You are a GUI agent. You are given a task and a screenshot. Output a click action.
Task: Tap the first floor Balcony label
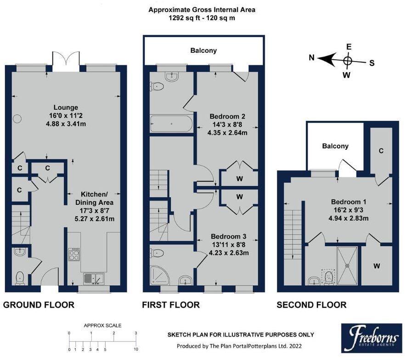(203, 51)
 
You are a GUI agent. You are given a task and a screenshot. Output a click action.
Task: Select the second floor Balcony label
(335, 146)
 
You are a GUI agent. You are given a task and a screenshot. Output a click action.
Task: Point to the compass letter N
(311, 58)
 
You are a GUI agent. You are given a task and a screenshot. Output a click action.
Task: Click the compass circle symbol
(348, 60)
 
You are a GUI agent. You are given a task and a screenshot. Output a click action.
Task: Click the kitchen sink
(94, 278)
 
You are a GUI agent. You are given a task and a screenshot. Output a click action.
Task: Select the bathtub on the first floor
(171, 123)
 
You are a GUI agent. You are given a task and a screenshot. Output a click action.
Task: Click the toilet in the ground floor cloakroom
(20, 277)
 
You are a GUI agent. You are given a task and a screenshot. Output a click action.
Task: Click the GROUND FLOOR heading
(39, 305)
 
